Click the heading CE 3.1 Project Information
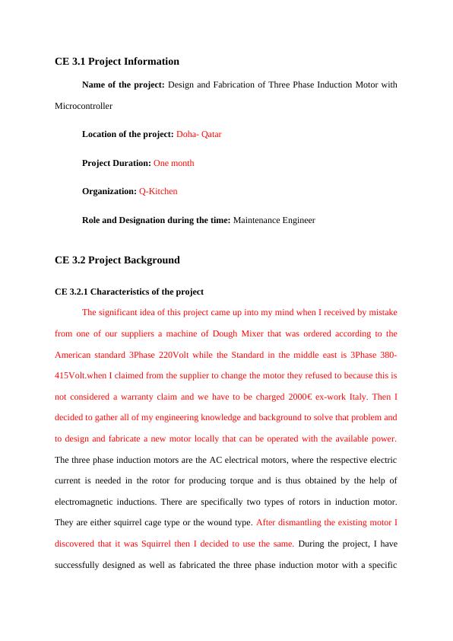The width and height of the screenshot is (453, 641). pyautogui.click(x=117, y=61)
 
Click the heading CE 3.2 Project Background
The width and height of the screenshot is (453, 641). pyautogui.click(x=117, y=260)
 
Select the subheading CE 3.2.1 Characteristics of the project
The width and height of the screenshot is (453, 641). pyautogui.click(x=129, y=292)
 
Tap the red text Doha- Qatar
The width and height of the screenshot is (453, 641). pyautogui.click(x=198, y=134)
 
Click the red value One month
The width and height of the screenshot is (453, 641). pyautogui.click(x=173, y=163)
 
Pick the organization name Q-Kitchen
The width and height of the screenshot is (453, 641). pyautogui.click(x=158, y=191)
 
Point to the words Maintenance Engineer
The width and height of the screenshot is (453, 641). pyautogui.click(x=274, y=220)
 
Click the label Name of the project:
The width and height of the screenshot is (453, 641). pyautogui.click(x=123, y=85)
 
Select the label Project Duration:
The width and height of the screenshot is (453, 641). pyautogui.click(x=116, y=163)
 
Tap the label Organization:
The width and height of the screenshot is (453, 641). pyautogui.click(x=109, y=191)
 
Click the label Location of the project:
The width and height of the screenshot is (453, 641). pyautogui.click(x=128, y=134)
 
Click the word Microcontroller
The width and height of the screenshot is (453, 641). pyautogui.click(x=84, y=106)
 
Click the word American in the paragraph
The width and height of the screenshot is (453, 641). pyautogui.click(x=75, y=355)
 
